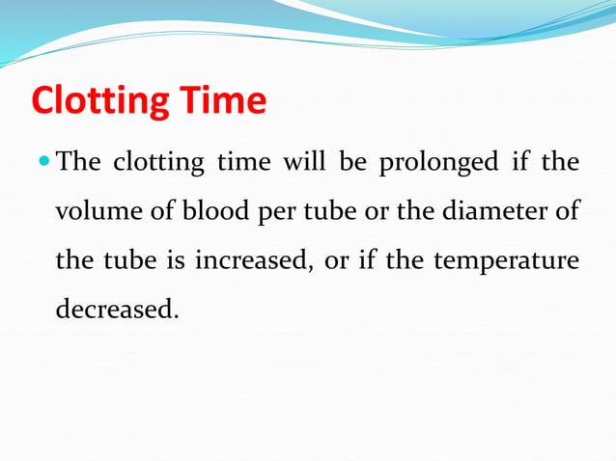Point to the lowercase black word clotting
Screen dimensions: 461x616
point(158,163)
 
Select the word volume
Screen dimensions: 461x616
point(94,211)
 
